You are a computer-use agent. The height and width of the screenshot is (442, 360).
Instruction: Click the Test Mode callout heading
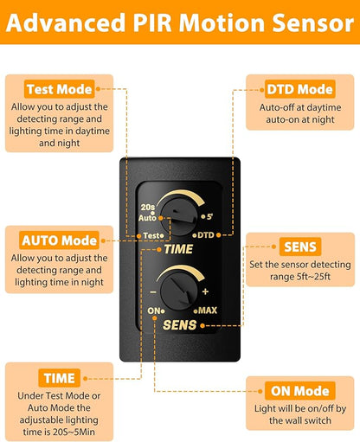tap(60, 89)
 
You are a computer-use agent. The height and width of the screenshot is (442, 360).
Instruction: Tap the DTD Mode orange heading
tap(300, 89)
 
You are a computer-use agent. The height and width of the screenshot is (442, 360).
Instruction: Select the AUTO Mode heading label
tap(59, 240)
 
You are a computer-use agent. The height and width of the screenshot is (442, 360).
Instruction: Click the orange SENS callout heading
tap(300, 247)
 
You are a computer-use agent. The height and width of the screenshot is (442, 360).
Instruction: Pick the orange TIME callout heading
tap(59, 378)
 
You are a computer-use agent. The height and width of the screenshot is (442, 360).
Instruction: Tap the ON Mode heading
tap(300, 391)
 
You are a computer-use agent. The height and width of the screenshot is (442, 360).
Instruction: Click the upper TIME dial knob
tap(179, 217)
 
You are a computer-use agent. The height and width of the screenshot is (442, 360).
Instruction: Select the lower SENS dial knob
tap(179, 291)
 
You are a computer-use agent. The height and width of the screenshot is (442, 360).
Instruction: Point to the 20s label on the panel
tap(148, 207)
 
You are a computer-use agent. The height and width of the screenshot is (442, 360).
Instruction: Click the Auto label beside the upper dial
tap(147, 218)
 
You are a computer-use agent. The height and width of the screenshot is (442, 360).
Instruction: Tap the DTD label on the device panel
tap(206, 235)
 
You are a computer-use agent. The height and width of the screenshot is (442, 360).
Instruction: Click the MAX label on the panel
tap(208, 311)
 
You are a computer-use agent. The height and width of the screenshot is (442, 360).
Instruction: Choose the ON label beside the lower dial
tap(154, 311)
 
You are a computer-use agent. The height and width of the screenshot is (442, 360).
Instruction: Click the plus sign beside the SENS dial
tap(205, 291)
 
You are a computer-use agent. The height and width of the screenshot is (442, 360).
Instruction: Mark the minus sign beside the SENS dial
tap(153, 292)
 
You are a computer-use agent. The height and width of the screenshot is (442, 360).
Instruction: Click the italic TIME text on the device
tap(178, 249)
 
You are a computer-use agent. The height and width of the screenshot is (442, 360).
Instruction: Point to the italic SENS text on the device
tap(179, 325)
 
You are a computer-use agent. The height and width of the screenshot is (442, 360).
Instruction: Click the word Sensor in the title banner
tap(313, 22)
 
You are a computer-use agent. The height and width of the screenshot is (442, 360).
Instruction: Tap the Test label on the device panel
tap(152, 235)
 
